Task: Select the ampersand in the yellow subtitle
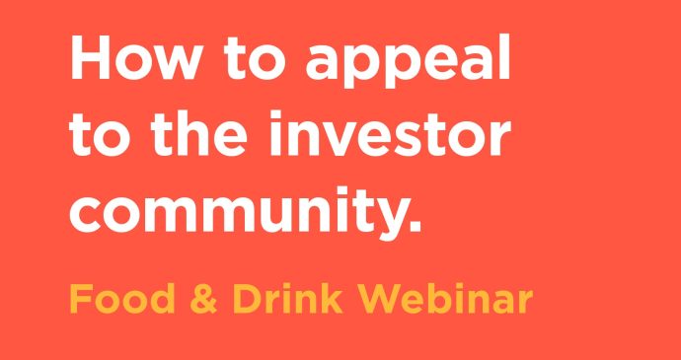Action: (x=203, y=297)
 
